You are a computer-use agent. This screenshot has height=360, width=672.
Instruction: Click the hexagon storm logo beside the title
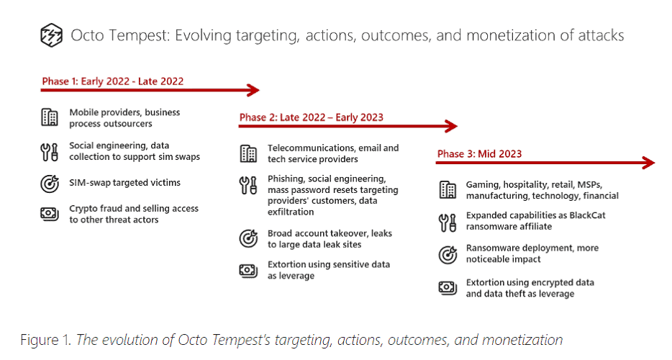pos(51,35)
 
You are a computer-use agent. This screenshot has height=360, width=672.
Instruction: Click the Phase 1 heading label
pos(113,81)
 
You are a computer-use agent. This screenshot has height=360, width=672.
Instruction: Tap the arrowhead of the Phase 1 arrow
pos(254,90)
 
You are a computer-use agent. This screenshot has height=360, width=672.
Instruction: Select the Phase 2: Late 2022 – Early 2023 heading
pos(311,117)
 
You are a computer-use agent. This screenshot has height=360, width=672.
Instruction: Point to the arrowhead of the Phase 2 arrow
pos(452,126)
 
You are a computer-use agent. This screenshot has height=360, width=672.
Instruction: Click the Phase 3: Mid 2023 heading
pos(480,154)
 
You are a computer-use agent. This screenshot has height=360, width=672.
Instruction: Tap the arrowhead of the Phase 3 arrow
pos(649,163)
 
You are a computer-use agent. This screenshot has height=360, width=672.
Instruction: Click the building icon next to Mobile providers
pos(50,117)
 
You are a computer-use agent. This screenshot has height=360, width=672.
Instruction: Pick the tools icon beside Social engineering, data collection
pos(50,152)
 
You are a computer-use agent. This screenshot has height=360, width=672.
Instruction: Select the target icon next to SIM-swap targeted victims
pos(50,184)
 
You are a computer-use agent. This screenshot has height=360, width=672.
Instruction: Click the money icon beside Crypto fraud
pos(50,214)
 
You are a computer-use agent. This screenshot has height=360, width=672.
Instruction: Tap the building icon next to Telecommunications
pos(248,153)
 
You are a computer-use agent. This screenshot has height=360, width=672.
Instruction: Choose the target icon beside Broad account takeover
pos(248,238)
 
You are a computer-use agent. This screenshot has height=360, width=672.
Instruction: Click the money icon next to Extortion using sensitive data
pos(248,271)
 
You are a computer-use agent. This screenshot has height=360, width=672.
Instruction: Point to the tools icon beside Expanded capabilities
pos(448,222)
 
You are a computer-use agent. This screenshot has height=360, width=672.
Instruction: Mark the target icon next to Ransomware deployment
pos(448,255)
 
